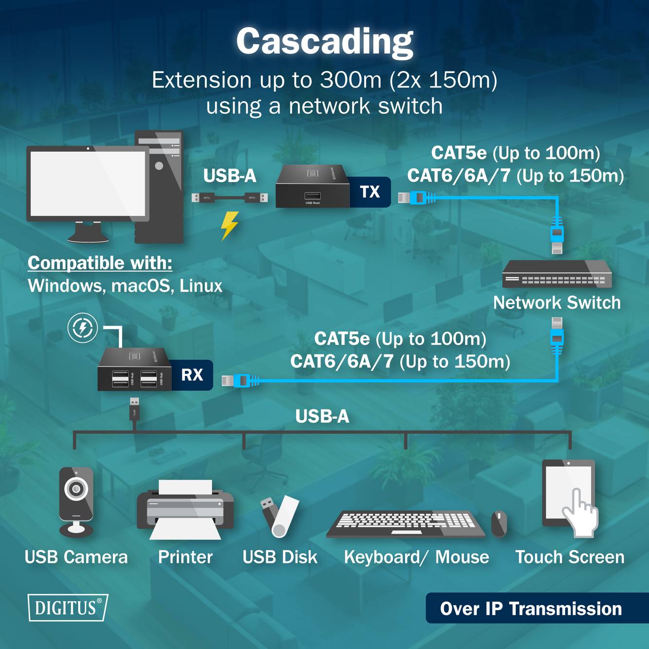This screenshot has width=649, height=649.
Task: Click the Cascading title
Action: click(x=325, y=41)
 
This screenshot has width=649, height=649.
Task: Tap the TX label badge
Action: click(x=370, y=192)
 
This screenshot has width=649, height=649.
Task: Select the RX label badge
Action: click(x=192, y=375)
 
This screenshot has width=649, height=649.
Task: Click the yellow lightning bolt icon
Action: click(x=229, y=225)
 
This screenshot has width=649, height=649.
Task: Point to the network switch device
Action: click(x=556, y=274)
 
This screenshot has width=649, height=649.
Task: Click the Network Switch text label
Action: click(x=556, y=303)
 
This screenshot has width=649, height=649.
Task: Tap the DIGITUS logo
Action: click(x=67, y=608)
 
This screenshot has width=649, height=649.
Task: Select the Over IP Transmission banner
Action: click(x=531, y=609)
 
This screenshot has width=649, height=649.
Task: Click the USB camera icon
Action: click(x=76, y=501)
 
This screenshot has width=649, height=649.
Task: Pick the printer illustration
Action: click(x=185, y=509)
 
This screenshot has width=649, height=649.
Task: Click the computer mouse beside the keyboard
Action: click(x=499, y=523)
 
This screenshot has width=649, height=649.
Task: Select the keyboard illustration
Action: click(x=405, y=524)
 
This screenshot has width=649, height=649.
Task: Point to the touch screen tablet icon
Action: click(x=569, y=497)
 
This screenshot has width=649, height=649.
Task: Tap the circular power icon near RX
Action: click(x=83, y=328)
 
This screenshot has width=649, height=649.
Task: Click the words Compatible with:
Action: click(x=100, y=263)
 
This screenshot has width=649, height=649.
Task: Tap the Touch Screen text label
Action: click(x=570, y=557)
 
